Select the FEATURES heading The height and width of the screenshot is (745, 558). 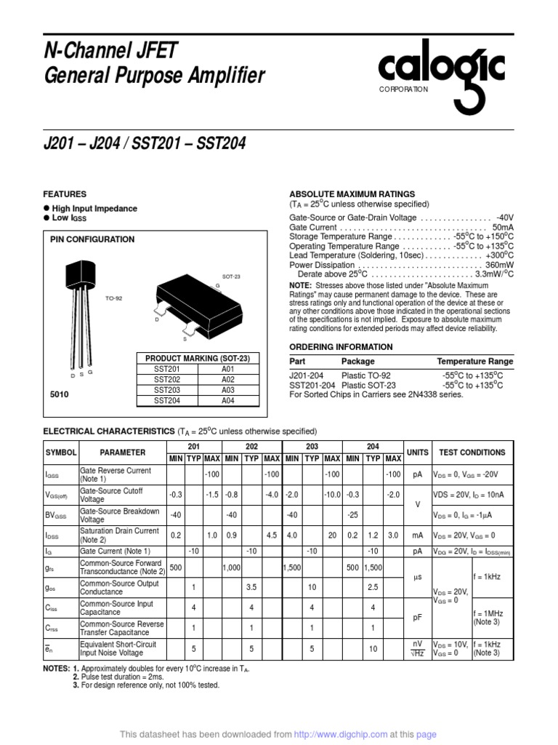[65, 194]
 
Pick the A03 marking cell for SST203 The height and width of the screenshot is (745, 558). [228, 389]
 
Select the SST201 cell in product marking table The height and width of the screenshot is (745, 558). [166, 369]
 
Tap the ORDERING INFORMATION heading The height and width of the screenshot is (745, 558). [341, 347]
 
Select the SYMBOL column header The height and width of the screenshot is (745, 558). [61, 452]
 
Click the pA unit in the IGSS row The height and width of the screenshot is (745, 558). [418, 474]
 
